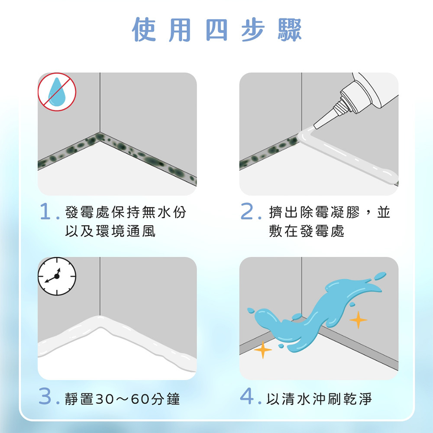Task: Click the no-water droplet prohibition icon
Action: tap(57, 92)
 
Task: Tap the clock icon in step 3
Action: tap(57, 276)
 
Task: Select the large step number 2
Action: tap(247, 211)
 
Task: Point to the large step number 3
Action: tap(45, 396)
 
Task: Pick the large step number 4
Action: tap(247, 396)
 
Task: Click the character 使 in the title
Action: tap(144, 30)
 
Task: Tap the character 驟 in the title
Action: tap(289, 30)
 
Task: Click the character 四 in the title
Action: tap(217, 30)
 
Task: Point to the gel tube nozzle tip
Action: tap(315, 127)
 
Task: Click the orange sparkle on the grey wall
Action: tap(358, 320)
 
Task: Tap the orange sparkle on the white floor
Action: tap(263, 350)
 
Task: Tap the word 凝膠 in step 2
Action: tap(345, 212)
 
